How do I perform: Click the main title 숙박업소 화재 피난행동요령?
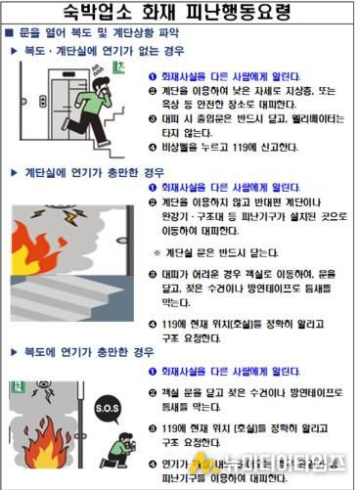[x=179, y=13]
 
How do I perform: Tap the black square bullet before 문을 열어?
[x=10, y=33]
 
